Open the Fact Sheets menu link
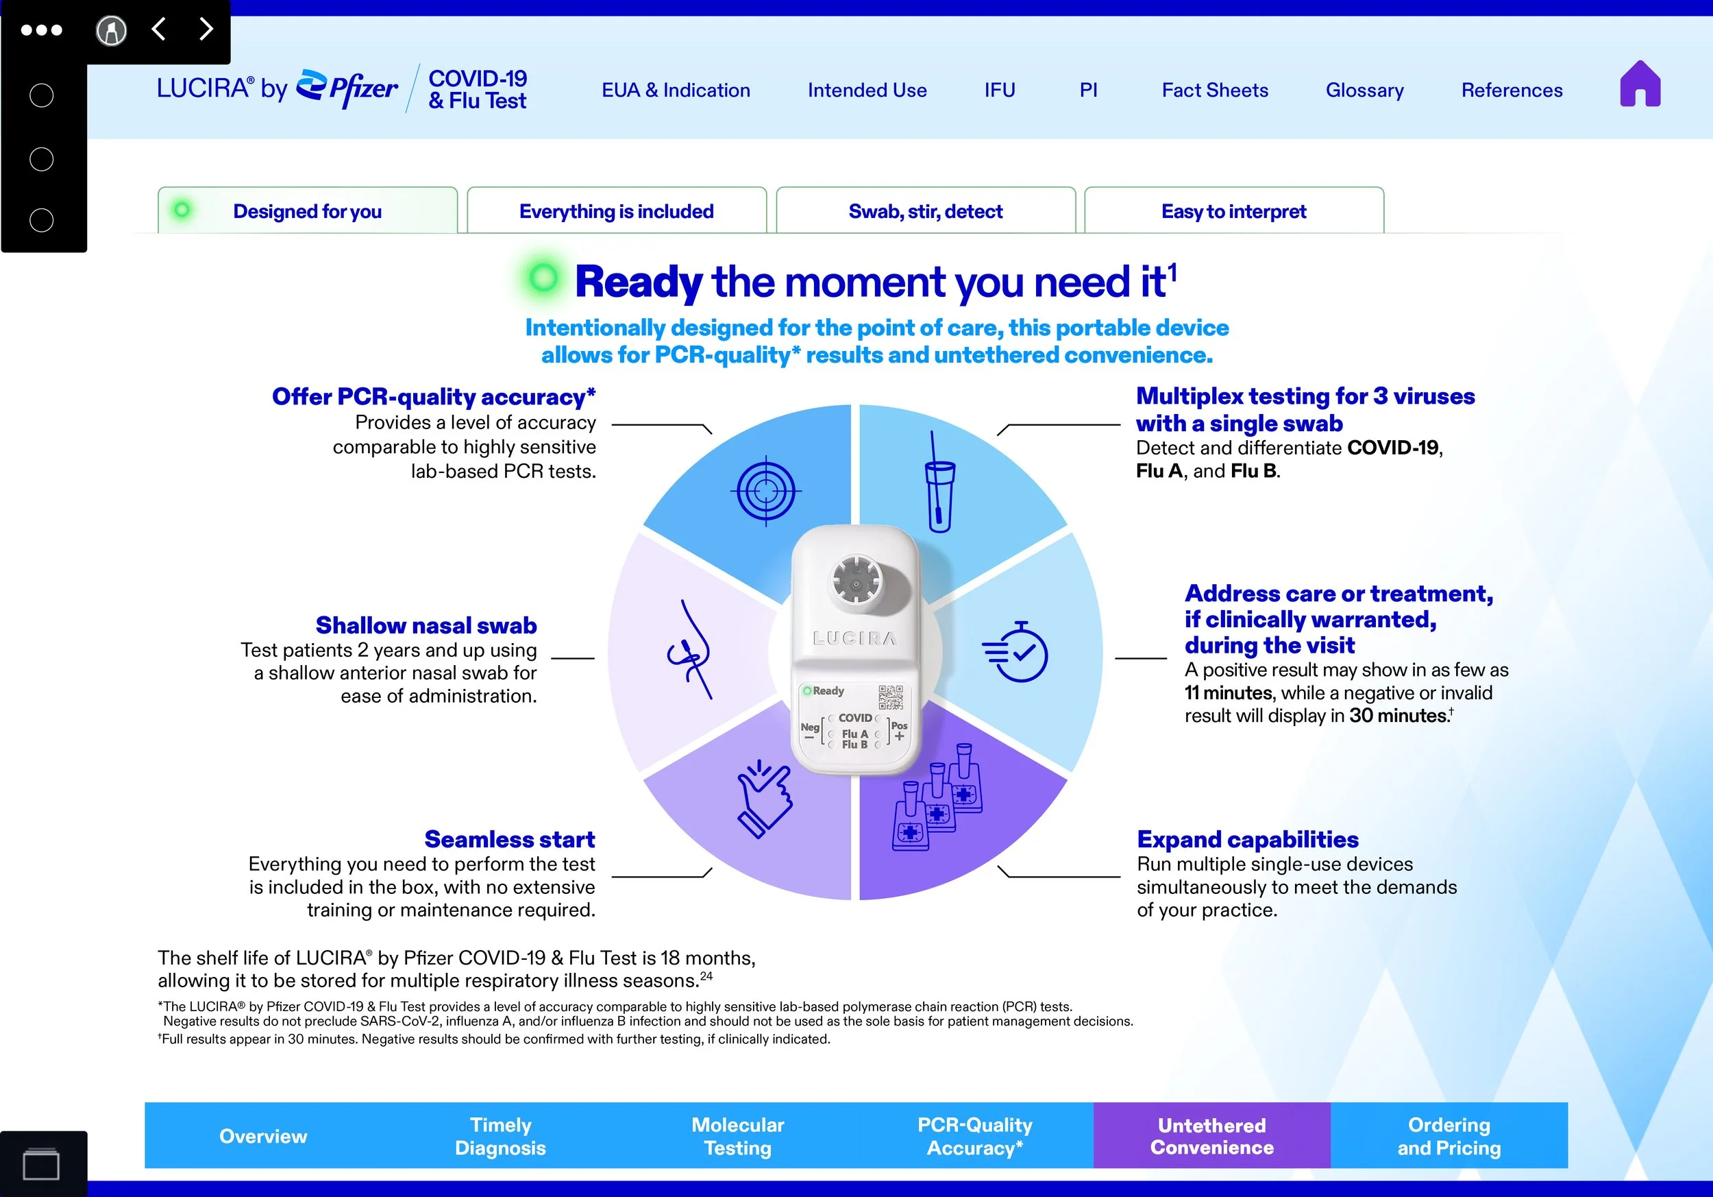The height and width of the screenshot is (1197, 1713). [1215, 90]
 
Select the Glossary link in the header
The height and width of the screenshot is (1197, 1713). [1365, 90]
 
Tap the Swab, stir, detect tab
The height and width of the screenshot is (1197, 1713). [925, 211]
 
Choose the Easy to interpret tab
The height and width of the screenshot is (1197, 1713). [1234, 211]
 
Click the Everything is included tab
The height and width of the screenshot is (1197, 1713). [616, 211]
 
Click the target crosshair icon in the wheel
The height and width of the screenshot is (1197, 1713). [765, 491]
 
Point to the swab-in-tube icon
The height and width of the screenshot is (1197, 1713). [939, 481]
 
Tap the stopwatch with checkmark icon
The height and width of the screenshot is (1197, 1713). [1015, 651]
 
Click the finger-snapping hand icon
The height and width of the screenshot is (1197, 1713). [763, 799]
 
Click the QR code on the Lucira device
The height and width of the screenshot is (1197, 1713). [890, 697]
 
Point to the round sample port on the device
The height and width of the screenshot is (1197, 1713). [856, 581]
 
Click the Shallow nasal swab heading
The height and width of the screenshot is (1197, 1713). [426, 625]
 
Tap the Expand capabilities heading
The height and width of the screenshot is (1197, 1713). [1248, 840]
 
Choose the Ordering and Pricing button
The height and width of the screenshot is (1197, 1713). [1449, 1135]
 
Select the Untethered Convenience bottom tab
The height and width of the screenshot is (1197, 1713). [1211, 1135]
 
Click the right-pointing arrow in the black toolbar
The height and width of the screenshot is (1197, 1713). [207, 29]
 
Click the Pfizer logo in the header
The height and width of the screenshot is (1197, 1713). [347, 89]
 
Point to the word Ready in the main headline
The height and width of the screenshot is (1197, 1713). [639, 282]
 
